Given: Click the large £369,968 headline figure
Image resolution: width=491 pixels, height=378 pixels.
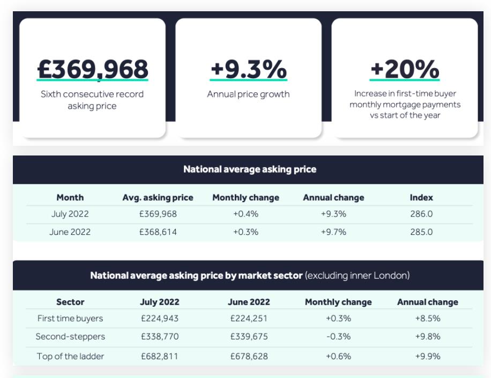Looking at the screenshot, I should pyautogui.click(x=92, y=69).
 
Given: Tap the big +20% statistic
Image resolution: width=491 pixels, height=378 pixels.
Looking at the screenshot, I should pyautogui.click(x=405, y=69).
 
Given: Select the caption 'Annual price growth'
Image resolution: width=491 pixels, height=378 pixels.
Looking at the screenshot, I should pyautogui.click(x=248, y=94).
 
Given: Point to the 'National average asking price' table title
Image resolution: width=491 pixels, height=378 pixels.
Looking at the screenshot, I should pyautogui.click(x=250, y=169).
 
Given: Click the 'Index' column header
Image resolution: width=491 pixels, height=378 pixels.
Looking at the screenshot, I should pyautogui.click(x=421, y=197).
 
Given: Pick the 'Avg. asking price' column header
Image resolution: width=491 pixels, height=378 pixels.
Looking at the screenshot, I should pyautogui.click(x=158, y=197).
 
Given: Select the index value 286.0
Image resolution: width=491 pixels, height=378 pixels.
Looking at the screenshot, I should pyautogui.click(x=421, y=214).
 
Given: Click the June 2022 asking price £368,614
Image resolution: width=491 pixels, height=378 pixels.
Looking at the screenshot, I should pyautogui.click(x=158, y=232).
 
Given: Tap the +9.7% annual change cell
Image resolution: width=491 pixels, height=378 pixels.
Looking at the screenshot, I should pyautogui.click(x=333, y=232).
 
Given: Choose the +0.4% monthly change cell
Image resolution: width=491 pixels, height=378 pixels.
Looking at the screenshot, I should pyautogui.click(x=245, y=214).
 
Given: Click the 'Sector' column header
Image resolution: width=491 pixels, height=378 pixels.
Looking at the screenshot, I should pyautogui.click(x=70, y=302).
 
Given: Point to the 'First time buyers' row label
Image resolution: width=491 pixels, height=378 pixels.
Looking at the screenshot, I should pyautogui.click(x=70, y=318).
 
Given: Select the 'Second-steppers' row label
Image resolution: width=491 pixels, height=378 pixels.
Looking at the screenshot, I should pyautogui.click(x=70, y=337).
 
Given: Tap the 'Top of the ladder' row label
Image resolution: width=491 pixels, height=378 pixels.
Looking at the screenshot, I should pyautogui.click(x=70, y=356).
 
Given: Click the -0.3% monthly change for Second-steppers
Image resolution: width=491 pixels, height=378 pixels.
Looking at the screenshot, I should pyautogui.click(x=338, y=337).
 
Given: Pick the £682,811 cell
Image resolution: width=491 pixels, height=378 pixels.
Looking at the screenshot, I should pyautogui.click(x=160, y=356).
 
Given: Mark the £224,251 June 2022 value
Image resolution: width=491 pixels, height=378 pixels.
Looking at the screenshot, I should pyautogui.click(x=249, y=318).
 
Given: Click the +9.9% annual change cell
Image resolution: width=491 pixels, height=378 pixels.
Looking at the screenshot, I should pyautogui.click(x=428, y=356).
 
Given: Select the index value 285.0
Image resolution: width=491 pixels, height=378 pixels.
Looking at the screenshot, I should pyautogui.click(x=421, y=232).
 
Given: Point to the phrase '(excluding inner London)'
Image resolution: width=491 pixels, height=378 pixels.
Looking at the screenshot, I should pyautogui.click(x=357, y=276).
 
